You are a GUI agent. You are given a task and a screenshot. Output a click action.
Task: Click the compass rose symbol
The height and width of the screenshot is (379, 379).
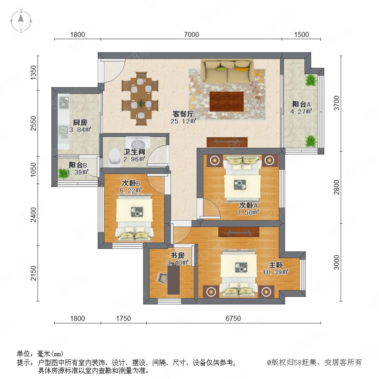click(21, 21)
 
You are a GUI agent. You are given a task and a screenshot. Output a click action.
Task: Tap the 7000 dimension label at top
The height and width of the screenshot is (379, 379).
click(192, 35)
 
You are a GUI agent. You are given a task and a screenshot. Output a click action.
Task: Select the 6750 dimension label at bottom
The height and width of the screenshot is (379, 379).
click(233, 318)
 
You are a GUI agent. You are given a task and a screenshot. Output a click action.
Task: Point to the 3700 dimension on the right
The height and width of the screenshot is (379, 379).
click(336, 103)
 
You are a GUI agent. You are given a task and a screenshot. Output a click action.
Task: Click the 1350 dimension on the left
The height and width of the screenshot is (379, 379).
click(33, 72)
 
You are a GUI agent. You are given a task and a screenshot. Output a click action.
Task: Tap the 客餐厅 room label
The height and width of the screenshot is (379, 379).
click(183, 114)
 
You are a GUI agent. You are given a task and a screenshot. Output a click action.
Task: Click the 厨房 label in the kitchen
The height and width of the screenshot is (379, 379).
click(80, 122)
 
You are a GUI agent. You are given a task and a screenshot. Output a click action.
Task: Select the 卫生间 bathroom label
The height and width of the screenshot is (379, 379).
click(134, 152)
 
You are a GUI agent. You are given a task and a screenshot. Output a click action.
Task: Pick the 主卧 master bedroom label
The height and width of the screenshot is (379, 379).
click(276, 265)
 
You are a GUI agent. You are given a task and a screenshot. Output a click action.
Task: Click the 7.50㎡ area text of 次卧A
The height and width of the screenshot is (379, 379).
click(248, 213)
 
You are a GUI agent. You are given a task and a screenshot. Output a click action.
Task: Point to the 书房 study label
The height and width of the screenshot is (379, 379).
click(177, 255)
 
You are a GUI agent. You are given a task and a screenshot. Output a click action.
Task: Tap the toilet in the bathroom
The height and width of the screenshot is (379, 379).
click(115, 157)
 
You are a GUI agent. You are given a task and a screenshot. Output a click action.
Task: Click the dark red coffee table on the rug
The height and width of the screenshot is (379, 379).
click(227, 101)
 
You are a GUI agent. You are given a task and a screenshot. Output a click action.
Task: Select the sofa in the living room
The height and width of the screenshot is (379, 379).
click(227, 71)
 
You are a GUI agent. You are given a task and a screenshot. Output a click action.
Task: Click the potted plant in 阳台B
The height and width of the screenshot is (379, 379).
click(63, 173)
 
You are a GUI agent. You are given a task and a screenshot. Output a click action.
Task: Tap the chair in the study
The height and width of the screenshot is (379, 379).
click(162, 278)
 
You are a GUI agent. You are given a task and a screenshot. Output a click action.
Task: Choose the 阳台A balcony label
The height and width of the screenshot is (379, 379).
click(301, 104)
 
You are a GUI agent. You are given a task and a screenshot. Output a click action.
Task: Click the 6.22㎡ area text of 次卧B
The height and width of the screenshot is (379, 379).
click(131, 190)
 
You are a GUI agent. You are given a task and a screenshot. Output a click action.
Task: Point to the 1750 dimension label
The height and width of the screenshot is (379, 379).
click(123, 318)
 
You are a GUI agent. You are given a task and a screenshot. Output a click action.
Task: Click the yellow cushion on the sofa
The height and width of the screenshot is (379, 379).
click(242, 69)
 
